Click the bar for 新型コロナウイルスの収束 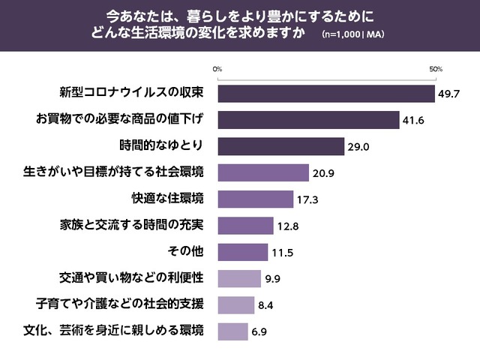[326, 94]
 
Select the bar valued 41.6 [308, 120]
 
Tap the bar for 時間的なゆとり [280, 146]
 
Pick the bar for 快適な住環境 [255, 199]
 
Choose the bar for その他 [242, 252]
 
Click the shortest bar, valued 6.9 [232, 331]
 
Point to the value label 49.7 [449, 94]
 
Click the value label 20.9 [323, 173]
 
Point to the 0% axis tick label [217, 69]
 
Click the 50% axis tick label [436, 69]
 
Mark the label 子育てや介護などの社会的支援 [120, 304]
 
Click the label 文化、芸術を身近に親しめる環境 [112, 331]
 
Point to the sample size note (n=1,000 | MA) [353, 35]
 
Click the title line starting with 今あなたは [239, 16]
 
